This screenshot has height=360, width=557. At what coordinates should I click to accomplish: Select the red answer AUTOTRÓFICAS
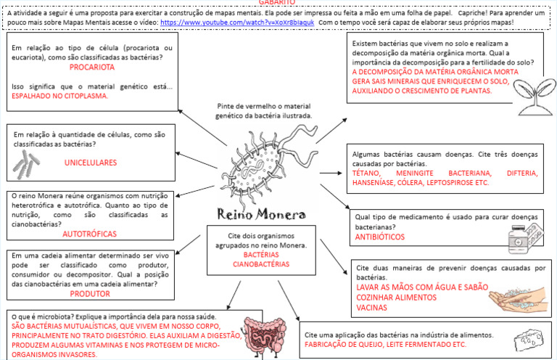click(90, 234)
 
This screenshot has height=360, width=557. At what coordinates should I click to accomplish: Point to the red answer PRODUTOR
click(90, 294)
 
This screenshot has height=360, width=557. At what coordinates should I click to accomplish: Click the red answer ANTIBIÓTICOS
click(381, 237)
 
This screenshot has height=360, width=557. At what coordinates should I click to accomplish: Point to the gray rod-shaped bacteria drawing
click(28, 166)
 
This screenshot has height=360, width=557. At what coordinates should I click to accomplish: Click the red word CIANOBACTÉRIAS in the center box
click(260, 264)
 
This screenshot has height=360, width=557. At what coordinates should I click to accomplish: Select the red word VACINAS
click(371, 308)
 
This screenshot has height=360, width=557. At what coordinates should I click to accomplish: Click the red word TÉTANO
click(368, 173)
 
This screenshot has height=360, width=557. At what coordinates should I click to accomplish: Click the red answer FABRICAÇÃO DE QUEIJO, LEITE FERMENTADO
click(384, 345)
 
